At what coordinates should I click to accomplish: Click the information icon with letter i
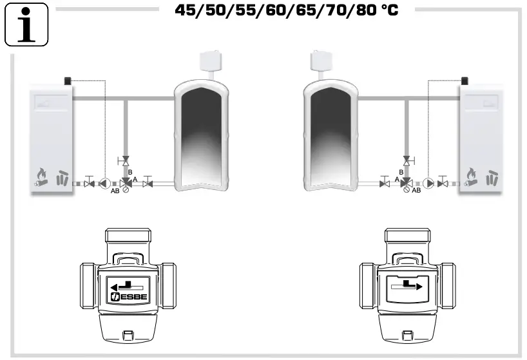pos(26,24)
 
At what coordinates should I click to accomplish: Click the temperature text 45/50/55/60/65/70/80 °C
pos(287,11)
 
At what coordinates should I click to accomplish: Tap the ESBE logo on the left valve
pos(128,297)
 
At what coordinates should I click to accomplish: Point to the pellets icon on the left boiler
pos(62,178)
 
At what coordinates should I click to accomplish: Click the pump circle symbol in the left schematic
pos(106,184)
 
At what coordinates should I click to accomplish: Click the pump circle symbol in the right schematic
pos(428,184)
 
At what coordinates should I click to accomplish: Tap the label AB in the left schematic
pos(114,191)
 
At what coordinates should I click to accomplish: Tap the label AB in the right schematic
pos(416,191)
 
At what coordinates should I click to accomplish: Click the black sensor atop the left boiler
pos(68,81)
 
